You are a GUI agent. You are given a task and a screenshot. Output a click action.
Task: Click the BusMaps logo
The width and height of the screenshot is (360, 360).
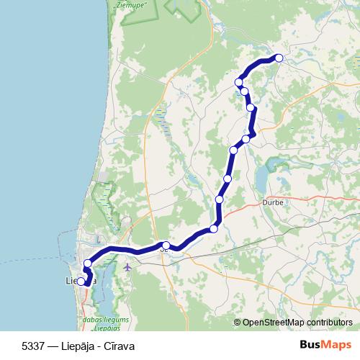tap(325, 343)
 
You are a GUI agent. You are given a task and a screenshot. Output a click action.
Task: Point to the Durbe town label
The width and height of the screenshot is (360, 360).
tap(275, 202)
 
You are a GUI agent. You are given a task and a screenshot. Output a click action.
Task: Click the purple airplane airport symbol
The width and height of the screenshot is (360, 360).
tap(127, 266)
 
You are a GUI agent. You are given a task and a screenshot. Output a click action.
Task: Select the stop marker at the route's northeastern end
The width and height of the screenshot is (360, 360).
tap(279, 58)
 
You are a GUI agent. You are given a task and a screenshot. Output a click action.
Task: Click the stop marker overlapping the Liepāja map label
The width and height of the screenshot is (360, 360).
tap(81, 282)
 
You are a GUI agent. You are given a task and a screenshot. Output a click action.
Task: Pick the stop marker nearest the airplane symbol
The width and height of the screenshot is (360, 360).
tap(166, 246)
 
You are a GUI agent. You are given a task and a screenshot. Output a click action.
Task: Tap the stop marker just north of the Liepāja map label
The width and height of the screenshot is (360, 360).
tap(87, 264)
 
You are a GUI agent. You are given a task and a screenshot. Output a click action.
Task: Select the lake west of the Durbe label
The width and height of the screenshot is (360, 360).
tap(261, 176)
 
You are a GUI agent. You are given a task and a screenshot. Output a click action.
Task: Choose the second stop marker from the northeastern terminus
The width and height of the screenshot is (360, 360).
tap(239, 82)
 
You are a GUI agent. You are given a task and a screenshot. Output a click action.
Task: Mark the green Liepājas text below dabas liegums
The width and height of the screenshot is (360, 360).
tap(107, 326)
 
